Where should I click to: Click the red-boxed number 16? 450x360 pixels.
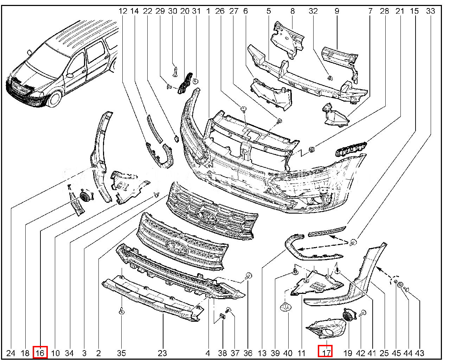[40, 352]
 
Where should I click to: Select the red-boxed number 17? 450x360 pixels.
[326, 352]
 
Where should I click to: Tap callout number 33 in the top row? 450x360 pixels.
[431, 11]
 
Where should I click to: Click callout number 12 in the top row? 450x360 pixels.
[123, 11]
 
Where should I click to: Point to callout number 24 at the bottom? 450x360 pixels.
[11, 353]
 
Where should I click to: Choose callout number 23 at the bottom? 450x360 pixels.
[162, 353]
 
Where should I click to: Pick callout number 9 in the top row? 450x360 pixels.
[337, 11]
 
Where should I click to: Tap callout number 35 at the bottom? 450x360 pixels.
[121, 353]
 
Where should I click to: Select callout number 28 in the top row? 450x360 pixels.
[385, 11]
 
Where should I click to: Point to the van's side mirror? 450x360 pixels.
[70, 75]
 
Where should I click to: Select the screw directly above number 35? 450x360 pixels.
[121, 311]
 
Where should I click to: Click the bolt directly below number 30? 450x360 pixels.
[175, 71]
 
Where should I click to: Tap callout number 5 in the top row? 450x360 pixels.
[269, 11]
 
